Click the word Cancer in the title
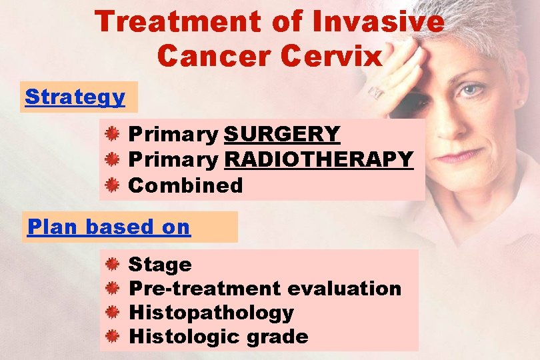213,56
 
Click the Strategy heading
75,97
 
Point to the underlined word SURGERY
282,134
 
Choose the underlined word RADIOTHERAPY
319,159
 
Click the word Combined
185,185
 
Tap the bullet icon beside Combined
113,185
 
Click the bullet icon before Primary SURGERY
113,134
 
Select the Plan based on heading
109,227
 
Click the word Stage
160,265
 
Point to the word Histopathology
211,313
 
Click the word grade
277,337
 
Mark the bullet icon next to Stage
113,265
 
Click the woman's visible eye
471,91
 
